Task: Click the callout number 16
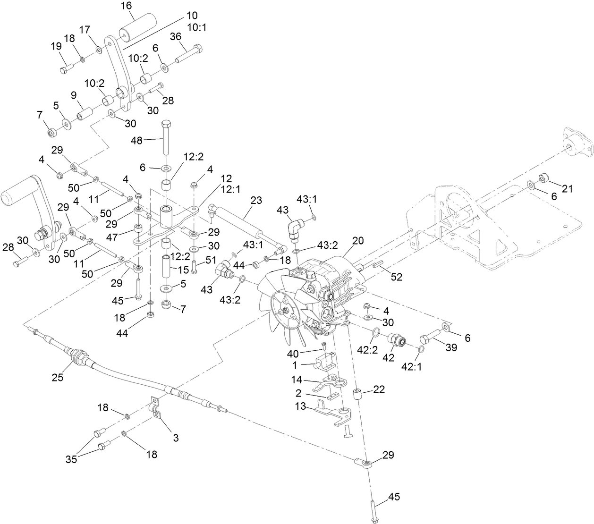[127, 6]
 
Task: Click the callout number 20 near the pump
[357, 240]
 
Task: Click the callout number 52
[397, 277]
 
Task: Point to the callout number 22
[379, 389]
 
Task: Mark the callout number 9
[73, 95]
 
